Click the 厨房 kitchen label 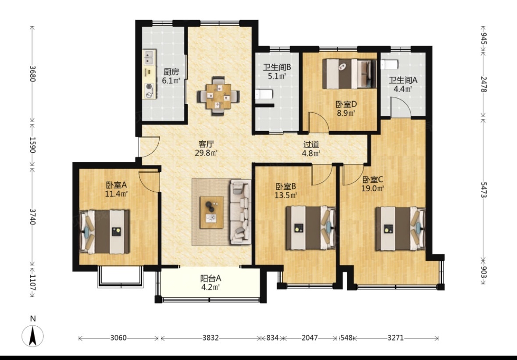pos(171,71)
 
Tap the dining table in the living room pos(219,96)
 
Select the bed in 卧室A pos(104,232)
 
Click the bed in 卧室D pos(349,74)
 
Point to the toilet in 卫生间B pos(264,95)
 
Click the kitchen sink pos(150,57)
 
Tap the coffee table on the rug pos(212,212)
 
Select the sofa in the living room pos(241,212)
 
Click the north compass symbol pos(32,335)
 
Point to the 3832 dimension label pos(210,338)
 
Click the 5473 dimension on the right pos(484,190)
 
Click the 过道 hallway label pos(311,144)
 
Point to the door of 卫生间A pos(401,107)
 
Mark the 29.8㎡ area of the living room pos(207,153)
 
